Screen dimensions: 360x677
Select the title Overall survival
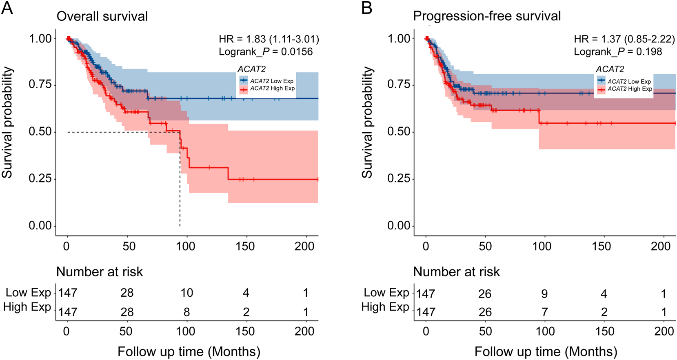tap(102, 16)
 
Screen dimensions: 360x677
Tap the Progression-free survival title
tap(487, 16)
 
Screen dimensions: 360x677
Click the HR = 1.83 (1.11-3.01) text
tap(269, 39)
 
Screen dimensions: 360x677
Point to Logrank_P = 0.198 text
tap(618, 52)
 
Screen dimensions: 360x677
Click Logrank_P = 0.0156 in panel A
tap(266, 52)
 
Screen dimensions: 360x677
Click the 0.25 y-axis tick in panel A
tap(40, 179)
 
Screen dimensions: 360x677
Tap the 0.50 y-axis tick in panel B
tap(399, 132)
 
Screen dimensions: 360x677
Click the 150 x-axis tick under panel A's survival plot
tap(245, 246)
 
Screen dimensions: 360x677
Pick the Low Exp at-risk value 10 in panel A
tap(186, 293)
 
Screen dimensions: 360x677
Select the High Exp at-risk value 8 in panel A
tap(186, 312)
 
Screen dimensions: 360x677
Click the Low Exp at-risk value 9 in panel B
tap(544, 294)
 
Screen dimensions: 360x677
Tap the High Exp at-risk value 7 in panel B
tap(544, 312)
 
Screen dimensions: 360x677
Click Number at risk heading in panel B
tap(456, 272)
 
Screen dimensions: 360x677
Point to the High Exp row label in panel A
tap(27, 307)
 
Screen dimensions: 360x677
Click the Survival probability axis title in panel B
tap(367, 122)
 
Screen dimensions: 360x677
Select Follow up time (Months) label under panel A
tap(189, 351)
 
